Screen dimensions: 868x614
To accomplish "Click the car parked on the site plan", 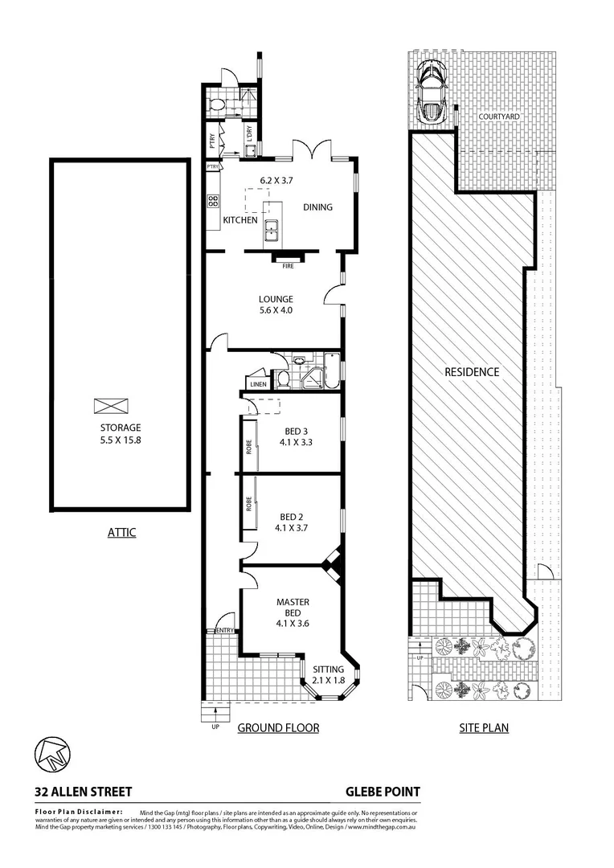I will (x=432, y=91).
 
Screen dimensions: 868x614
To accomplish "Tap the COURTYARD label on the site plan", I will (x=499, y=117).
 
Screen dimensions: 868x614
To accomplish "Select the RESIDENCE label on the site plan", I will (x=472, y=372).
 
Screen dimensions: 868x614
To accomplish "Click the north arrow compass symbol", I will (x=52, y=753).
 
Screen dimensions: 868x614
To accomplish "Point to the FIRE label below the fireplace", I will (x=287, y=265).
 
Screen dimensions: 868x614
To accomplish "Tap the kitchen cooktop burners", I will (x=214, y=200).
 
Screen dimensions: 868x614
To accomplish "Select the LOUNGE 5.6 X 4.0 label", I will (x=275, y=304).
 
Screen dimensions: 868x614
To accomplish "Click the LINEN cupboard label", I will (x=257, y=384).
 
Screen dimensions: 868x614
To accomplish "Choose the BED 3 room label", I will (x=293, y=435).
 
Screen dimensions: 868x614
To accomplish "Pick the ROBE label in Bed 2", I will (x=249, y=504).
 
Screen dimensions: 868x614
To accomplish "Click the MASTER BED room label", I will (x=293, y=607).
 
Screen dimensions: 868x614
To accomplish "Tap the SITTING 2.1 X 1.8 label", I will (x=328, y=675).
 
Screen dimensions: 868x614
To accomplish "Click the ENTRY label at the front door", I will (x=224, y=630).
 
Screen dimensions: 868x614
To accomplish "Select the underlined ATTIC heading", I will (x=121, y=532).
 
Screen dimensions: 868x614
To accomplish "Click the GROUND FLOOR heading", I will (x=278, y=728).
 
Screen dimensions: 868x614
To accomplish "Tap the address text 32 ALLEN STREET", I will (x=83, y=792).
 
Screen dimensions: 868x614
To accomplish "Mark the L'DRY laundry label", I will (x=249, y=134).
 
